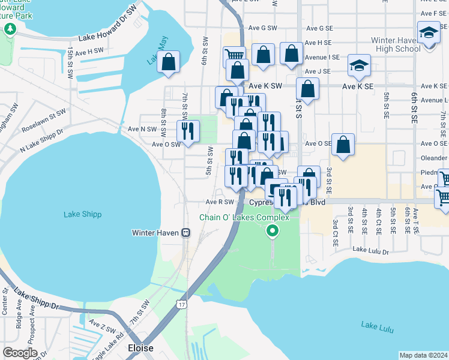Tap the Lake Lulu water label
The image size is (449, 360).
point(376,325)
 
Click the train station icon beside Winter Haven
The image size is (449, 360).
point(186,233)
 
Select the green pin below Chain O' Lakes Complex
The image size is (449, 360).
point(273,231)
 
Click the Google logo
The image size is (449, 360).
point(20,352)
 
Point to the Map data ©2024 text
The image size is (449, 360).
point(423,355)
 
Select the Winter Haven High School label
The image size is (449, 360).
point(396,44)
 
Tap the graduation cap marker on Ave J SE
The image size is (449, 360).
point(359,65)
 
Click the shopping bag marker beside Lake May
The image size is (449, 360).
point(169,61)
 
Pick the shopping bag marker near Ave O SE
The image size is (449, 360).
point(342,144)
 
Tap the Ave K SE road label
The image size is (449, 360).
point(357,86)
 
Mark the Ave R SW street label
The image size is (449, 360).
point(218,202)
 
